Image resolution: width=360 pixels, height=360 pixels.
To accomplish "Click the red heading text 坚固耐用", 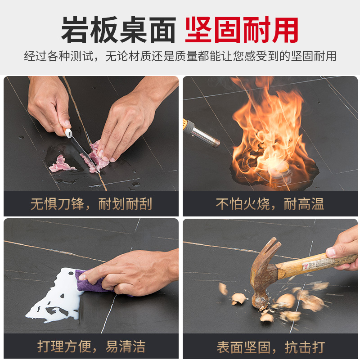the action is [242, 30].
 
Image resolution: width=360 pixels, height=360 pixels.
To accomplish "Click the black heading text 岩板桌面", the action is [118, 30].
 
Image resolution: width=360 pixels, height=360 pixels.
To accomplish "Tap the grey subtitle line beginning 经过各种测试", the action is [180, 56].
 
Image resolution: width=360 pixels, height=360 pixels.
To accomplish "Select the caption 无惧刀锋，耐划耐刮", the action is [91, 204].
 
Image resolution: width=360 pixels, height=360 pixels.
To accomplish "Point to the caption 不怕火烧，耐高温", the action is [270, 204].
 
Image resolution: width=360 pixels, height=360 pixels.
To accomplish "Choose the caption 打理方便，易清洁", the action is [91, 346].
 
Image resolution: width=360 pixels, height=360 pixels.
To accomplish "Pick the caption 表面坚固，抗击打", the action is [270, 347].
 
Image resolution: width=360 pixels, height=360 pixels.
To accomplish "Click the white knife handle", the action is [68, 133].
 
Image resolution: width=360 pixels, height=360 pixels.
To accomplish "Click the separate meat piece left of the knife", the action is [61, 164].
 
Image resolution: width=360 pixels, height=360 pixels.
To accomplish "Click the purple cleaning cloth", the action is [92, 282].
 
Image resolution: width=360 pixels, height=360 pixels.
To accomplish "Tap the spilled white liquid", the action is [54, 296].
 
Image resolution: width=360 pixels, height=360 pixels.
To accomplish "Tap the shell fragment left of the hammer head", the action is [238, 298].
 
